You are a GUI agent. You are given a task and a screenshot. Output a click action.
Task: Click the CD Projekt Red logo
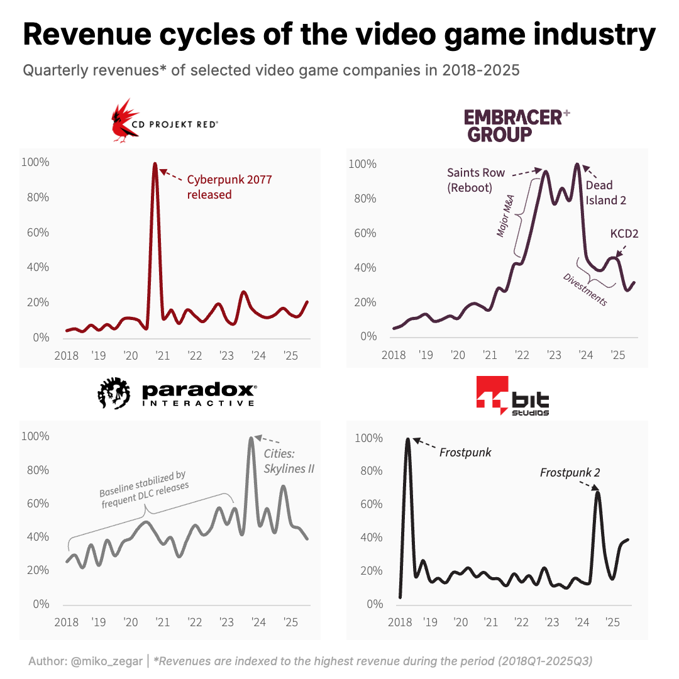pyautogui.click(x=165, y=121)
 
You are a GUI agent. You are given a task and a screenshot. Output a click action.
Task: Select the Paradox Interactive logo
pyautogui.click(x=177, y=394)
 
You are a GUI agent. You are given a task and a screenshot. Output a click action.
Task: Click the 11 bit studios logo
pyautogui.click(x=512, y=396)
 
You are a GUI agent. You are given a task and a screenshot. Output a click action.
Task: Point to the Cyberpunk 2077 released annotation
pyautogui.click(x=229, y=187)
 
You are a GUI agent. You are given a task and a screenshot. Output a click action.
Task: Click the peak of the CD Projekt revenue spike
pyautogui.click(x=155, y=164)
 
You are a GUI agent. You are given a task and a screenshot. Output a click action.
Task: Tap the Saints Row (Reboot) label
pyautogui.click(x=476, y=180)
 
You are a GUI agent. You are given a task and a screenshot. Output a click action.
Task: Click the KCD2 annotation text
pyautogui.click(x=624, y=234)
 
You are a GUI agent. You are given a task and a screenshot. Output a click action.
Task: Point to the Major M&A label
pyautogui.click(x=505, y=216)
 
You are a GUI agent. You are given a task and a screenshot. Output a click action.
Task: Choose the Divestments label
pyautogui.click(x=585, y=290)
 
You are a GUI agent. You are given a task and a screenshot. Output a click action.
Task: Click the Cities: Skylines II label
pyautogui.click(x=289, y=461)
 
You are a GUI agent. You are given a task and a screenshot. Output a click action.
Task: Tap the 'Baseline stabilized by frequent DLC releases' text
pyautogui.click(x=144, y=491)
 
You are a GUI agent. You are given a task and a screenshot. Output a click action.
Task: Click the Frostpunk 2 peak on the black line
pyautogui.click(x=597, y=492)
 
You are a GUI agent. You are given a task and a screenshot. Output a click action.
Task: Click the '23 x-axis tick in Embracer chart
pyautogui.click(x=554, y=355)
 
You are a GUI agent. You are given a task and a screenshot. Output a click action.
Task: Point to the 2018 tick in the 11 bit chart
pyautogui.click(x=399, y=622)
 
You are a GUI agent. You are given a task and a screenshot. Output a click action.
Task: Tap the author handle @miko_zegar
pyautogui.click(x=105, y=661)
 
